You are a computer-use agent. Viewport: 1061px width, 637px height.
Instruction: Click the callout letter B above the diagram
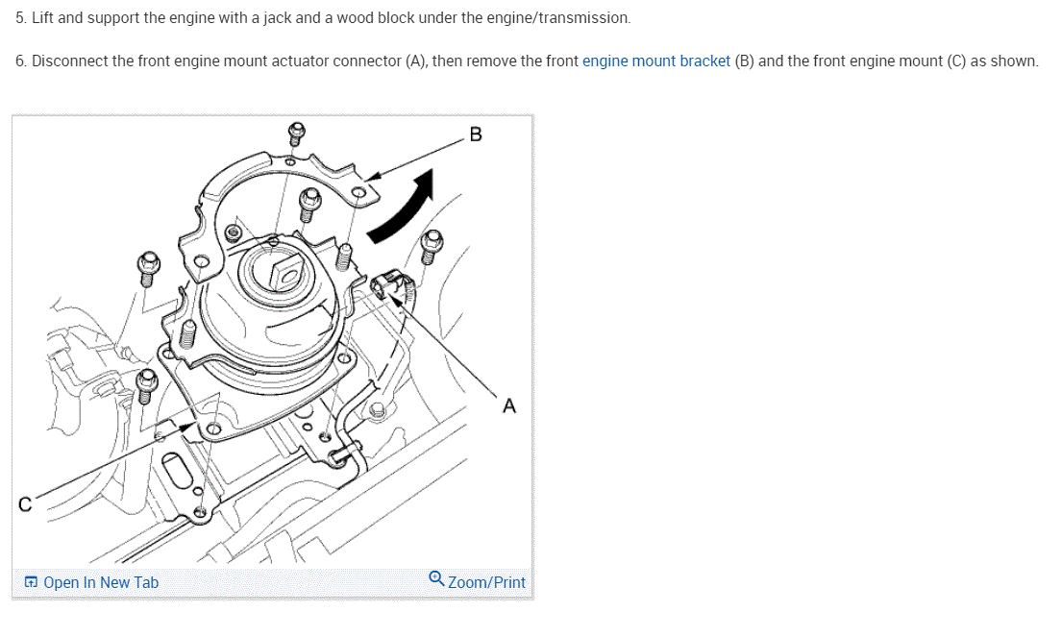point(476,134)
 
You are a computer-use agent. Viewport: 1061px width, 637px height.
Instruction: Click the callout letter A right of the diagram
point(509,406)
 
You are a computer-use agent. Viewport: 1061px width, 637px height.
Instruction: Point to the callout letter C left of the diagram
point(25,503)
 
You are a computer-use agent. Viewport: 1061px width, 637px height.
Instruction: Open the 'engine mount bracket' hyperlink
point(655,61)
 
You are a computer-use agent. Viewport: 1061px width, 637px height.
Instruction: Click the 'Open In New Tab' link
point(101,582)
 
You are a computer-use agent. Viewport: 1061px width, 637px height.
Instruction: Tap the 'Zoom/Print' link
point(486,582)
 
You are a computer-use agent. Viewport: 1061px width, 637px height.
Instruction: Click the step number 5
point(20,18)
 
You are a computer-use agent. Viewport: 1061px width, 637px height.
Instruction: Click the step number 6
point(20,61)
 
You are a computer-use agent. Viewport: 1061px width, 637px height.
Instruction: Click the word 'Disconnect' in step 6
point(69,61)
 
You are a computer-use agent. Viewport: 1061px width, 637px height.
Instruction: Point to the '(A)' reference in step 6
point(416,61)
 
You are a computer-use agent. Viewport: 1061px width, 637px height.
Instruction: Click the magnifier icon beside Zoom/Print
point(436,578)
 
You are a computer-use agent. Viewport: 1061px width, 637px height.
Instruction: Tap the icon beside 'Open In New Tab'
point(31,582)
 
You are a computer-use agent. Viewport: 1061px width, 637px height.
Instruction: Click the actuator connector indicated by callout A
point(390,285)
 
